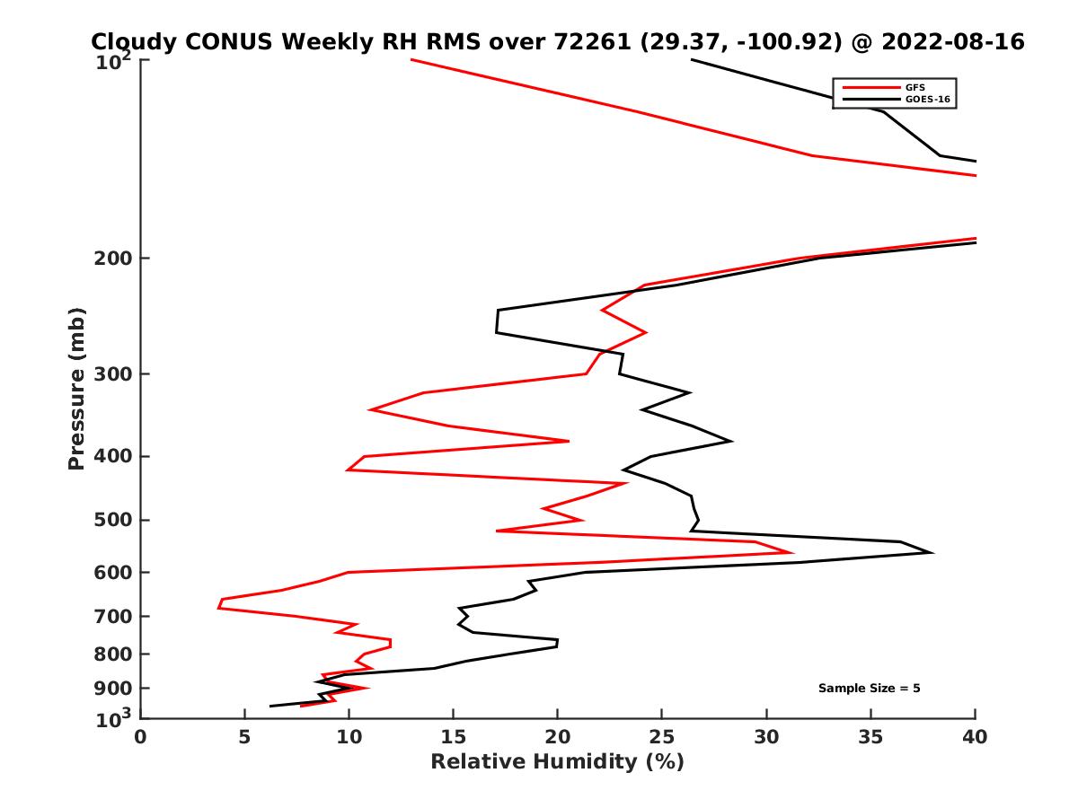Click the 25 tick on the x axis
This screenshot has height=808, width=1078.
[662, 737]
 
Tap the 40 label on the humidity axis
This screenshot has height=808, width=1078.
[975, 737]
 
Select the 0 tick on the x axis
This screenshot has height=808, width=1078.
[141, 737]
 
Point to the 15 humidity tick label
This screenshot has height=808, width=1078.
[454, 737]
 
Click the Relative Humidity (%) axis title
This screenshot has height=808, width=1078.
[558, 762]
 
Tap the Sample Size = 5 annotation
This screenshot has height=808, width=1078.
[869, 689]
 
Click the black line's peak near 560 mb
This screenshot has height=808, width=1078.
[932, 553]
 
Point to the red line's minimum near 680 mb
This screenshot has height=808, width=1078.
[218, 608]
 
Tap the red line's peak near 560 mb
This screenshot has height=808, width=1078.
[791, 553]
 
